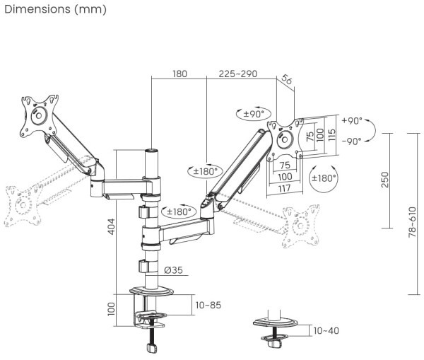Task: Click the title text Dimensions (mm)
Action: click(55, 9)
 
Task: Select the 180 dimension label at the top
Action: click(179, 74)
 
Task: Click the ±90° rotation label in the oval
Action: click(253, 113)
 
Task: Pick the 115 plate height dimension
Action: click(330, 134)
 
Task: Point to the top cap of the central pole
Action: click(151, 151)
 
